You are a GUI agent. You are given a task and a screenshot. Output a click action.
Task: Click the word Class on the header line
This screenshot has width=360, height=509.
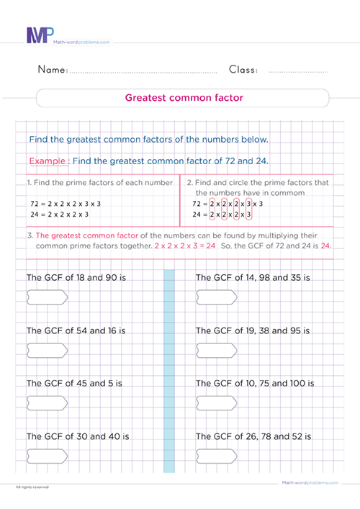click(x=243, y=70)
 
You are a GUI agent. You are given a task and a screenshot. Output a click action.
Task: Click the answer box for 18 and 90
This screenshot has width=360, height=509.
click(x=47, y=295)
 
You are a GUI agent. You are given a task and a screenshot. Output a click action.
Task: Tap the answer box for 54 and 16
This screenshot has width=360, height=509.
click(x=47, y=348)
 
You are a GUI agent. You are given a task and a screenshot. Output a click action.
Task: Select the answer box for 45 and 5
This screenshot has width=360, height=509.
click(x=47, y=401)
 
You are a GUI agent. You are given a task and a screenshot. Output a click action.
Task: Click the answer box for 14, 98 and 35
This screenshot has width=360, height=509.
click(x=217, y=295)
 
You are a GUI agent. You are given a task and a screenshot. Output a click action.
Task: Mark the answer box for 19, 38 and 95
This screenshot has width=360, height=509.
click(x=217, y=348)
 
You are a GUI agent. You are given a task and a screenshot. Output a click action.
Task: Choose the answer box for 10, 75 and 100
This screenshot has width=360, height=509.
click(x=217, y=401)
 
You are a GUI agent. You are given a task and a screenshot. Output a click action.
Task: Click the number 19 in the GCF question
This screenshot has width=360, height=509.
click(x=247, y=330)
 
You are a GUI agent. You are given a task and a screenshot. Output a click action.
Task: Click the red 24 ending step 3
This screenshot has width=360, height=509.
click(x=325, y=246)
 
